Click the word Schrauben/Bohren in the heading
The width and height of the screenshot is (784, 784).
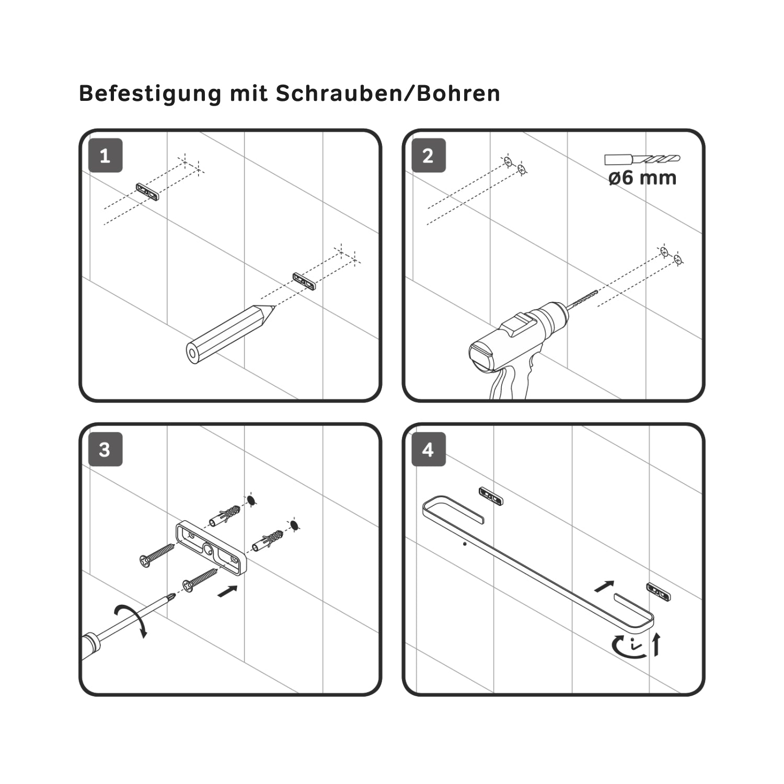click(388, 93)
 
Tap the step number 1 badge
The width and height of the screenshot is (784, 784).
click(105, 155)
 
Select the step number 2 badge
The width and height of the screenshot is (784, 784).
click(429, 155)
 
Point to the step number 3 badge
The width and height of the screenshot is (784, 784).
click(105, 449)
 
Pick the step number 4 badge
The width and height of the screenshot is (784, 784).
click(429, 449)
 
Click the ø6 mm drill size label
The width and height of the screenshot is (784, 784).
click(642, 178)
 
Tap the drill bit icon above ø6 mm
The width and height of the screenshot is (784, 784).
click(642, 159)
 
